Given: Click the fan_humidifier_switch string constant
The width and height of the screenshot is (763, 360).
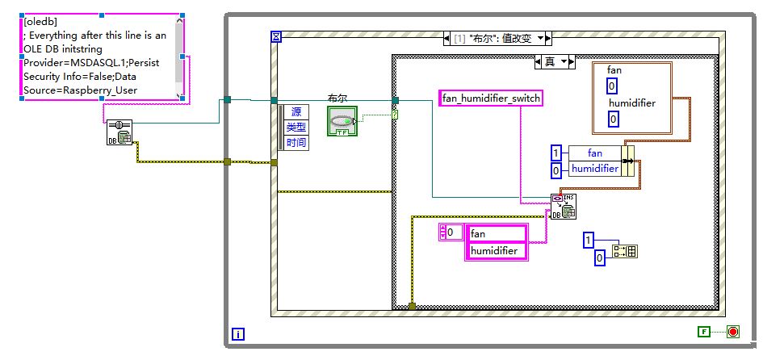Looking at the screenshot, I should coord(491,98).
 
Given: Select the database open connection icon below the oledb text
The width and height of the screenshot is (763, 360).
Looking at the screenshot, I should coord(119,132).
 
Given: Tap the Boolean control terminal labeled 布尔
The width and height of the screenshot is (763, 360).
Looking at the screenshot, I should coord(342,120).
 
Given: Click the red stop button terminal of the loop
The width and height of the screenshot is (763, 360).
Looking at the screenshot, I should coord(733,332).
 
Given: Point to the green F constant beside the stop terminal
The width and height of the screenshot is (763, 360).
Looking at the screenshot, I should coord(705,332).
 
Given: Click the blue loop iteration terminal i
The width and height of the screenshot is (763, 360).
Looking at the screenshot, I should coord(238,333).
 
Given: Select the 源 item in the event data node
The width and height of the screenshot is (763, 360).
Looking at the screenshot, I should coord(296,111).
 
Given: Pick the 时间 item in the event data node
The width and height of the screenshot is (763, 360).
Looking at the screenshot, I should coord(296,142).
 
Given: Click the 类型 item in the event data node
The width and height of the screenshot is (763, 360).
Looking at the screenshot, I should coord(296,127).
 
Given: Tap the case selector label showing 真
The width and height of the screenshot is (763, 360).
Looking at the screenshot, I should coord(554,61).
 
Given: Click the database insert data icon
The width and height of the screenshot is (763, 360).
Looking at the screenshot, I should coord(563,207).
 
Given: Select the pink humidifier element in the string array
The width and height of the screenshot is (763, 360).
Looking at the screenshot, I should coord(497,251).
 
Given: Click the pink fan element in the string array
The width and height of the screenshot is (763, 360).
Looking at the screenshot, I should coord(497,233).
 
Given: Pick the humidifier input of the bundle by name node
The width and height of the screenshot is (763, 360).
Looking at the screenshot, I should coord(595,169).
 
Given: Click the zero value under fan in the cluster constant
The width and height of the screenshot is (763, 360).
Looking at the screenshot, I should coord(613,86).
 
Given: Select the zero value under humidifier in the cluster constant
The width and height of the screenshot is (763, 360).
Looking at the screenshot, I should coord(613,119).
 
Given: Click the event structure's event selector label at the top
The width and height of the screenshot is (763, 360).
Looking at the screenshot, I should coord(497,38).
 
